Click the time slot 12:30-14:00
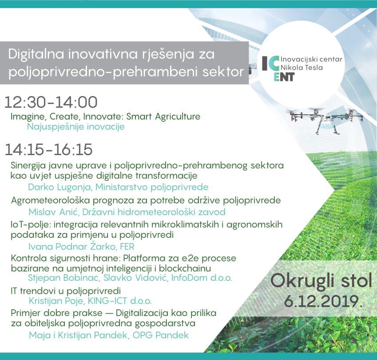pos(51,102)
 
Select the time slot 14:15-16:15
pos(48,149)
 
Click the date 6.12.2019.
pos(323,301)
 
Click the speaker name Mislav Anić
pos(54,212)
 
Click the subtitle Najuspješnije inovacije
pos(76,127)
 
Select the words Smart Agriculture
pos(163,117)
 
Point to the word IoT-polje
pos(31,225)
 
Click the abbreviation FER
pos(127,246)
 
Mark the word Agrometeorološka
pos(51,200)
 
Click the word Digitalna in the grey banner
pos(36,54)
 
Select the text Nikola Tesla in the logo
pos(302,68)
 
